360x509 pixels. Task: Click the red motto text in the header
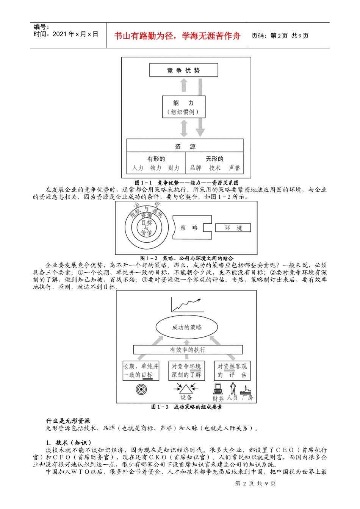[x=177, y=36]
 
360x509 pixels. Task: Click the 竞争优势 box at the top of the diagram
[x=183, y=70]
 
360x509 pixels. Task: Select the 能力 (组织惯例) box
[x=184, y=107]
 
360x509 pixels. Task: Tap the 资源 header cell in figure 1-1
[x=185, y=145]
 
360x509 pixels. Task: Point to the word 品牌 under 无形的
[x=196, y=168]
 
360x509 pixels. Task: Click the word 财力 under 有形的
[x=174, y=168]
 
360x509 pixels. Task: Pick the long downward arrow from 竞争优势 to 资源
[x=200, y=108]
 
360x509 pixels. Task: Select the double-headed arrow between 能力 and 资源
[x=184, y=128]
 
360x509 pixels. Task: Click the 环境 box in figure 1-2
[x=233, y=228]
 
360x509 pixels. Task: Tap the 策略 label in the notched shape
[x=189, y=228]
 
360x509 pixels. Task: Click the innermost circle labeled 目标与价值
[x=147, y=228]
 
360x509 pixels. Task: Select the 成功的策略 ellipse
[x=187, y=327]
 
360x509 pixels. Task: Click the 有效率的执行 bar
[x=188, y=350]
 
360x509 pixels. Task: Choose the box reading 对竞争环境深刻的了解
[x=186, y=371]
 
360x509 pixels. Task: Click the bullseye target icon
[x=141, y=389]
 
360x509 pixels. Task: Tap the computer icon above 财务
[x=218, y=389]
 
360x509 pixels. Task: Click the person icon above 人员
[x=233, y=388]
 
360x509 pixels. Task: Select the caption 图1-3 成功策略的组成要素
[x=186, y=407]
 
